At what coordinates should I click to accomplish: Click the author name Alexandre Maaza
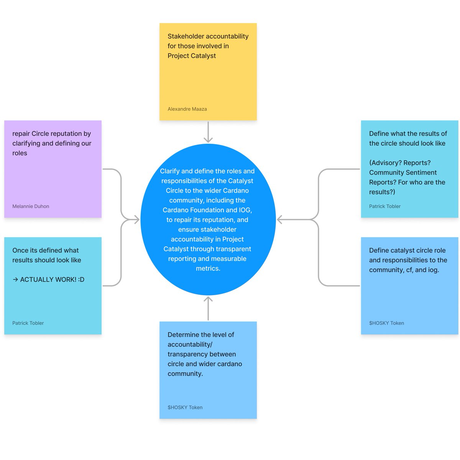[x=187, y=109]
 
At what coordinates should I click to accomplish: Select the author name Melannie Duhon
[x=31, y=206]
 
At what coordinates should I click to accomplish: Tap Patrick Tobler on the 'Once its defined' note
[x=28, y=323]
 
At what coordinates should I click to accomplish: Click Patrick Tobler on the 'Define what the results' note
[x=384, y=206]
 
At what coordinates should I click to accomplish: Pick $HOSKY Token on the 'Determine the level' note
[x=185, y=407]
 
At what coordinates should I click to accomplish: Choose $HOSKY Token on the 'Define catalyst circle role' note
[x=386, y=323]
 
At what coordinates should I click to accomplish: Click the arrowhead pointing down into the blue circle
[x=208, y=140]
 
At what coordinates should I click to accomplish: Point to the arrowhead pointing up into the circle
[x=208, y=299]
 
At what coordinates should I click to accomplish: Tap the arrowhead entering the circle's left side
[x=137, y=219]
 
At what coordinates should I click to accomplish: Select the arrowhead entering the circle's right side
[x=279, y=219]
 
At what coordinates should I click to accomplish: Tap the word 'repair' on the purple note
[x=21, y=134]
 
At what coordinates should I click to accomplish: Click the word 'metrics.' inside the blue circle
[x=208, y=268]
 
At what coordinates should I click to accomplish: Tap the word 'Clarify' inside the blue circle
[x=169, y=171]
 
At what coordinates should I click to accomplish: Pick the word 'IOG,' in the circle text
[x=245, y=210]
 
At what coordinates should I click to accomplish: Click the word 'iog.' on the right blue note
[x=433, y=270]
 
